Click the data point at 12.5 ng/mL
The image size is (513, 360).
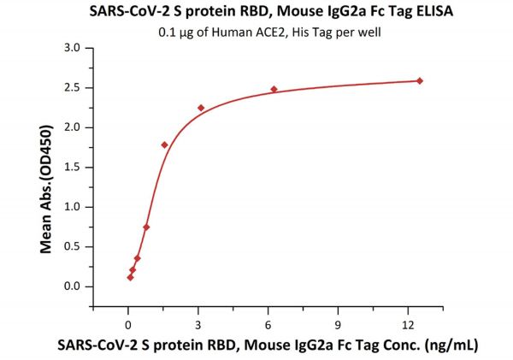420,81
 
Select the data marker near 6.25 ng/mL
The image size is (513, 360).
274,89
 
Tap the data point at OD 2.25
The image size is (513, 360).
201,108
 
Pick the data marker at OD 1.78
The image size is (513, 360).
164,145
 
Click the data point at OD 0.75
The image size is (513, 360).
146,227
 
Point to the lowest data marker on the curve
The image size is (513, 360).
130,277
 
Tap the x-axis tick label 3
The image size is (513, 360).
198,324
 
